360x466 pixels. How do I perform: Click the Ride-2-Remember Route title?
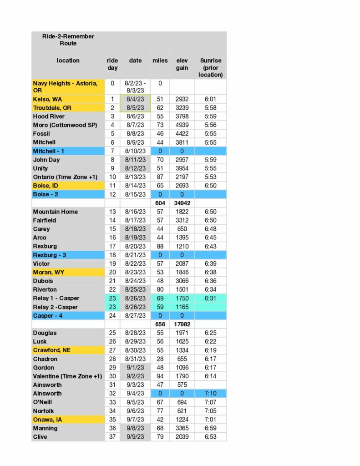pyautogui.click(x=68, y=40)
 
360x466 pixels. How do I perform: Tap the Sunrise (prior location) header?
pyautogui.click(x=211, y=67)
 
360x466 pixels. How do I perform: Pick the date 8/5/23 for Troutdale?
pyautogui.click(x=135, y=108)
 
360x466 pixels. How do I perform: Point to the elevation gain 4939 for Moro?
pyautogui.click(x=182, y=125)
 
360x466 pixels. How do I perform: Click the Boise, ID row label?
pyautogui.click(x=46, y=186)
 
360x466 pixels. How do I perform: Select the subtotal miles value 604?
pyautogui.click(x=160, y=203)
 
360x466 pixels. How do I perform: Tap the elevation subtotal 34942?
pyautogui.click(x=182, y=203)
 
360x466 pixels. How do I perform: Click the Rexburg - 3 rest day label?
pyautogui.click(x=50, y=255)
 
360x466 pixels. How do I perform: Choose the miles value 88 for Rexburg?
pyautogui.click(x=160, y=246)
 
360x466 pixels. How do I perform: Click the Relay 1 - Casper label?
pyautogui.click(x=56, y=298)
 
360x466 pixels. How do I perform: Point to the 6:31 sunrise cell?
pyautogui.click(x=211, y=298)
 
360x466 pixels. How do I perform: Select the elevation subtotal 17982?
pyautogui.click(x=182, y=324)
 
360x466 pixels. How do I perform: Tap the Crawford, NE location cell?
pyautogui.click(x=51, y=350)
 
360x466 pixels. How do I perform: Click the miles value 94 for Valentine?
pyautogui.click(x=160, y=376)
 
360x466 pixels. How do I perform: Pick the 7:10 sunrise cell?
pyautogui.click(x=211, y=393)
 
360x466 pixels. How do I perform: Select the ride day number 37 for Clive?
pyautogui.click(x=112, y=437)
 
